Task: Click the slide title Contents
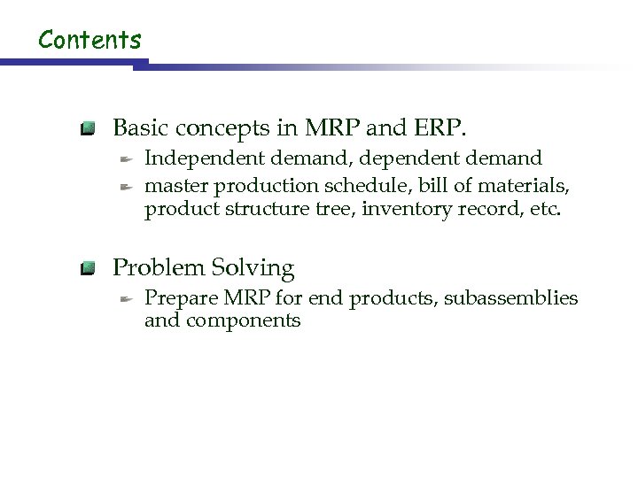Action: pyautogui.click(x=90, y=39)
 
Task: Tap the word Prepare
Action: pyautogui.click(x=176, y=298)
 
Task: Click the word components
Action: pyautogui.click(x=243, y=320)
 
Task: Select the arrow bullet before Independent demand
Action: pyautogui.click(x=127, y=159)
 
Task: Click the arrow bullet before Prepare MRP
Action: pyautogui.click(x=127, y=299)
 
